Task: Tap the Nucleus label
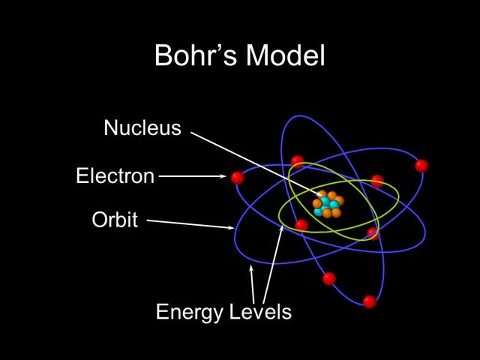click(x=142, y=128)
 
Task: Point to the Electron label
click(x=115, y=177)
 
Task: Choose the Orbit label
click(x=115, y=220)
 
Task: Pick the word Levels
click(x=259, y=311)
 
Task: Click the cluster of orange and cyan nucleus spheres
click(x=328, y=204)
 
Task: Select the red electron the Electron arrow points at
click(x=238, y=178)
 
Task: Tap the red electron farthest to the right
click(x=421, y=165)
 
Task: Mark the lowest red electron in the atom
click(x=369, y=301)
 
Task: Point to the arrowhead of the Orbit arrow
click(x=231, y=227)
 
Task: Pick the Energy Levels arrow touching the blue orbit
click(x=253, y=281)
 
